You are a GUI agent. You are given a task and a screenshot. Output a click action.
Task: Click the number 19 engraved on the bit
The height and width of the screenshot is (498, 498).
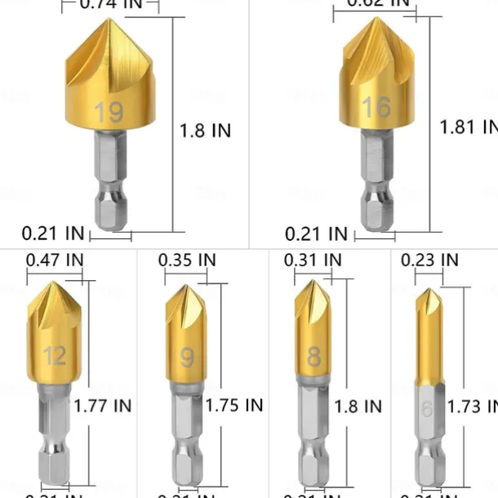click(109, 113)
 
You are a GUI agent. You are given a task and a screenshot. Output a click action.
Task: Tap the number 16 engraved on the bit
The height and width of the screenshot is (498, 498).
click(376, 107)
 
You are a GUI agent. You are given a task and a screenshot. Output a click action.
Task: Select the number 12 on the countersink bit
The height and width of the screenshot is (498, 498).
click(55, 356)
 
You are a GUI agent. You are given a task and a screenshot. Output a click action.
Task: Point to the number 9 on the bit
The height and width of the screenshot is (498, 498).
click(187, 358)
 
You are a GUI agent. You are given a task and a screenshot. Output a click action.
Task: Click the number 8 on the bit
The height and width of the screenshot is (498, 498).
click(314, 357)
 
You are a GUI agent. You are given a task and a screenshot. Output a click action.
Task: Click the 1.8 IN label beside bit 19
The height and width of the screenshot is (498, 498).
click(205, 130)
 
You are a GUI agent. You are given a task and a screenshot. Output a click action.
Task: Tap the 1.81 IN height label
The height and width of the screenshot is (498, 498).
click(468, 127)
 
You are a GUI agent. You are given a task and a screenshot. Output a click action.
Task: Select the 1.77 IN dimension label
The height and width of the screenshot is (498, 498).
click(103, 404)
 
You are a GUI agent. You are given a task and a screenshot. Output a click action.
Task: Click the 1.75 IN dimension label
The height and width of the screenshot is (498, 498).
click(234, 405)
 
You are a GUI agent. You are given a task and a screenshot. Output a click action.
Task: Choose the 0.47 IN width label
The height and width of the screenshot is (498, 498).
click(55, 260)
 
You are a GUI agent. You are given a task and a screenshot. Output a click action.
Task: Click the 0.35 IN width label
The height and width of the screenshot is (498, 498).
click(187, 260)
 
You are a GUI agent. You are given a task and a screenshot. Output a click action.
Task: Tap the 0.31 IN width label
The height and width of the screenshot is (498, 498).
click(313, 260)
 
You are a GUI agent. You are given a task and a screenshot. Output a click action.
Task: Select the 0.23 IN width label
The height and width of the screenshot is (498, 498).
click(429, 260)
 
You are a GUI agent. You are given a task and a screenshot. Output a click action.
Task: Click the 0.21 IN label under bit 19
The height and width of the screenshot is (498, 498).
click(52, 233)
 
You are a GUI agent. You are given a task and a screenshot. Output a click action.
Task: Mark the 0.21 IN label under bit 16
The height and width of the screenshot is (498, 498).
click(316, 234)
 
